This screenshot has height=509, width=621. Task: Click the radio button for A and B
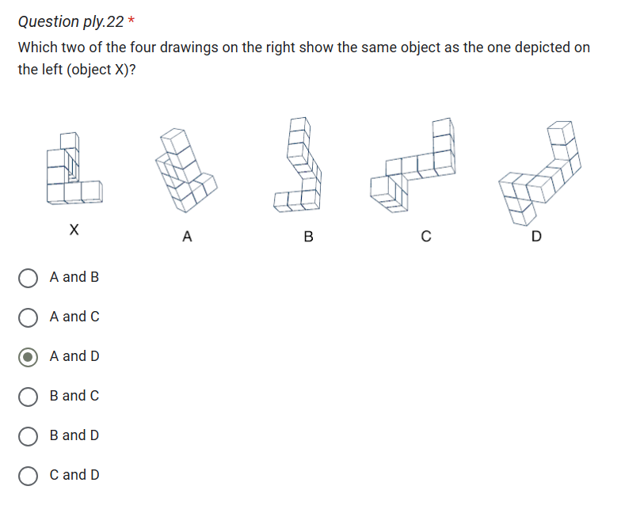(28, 278)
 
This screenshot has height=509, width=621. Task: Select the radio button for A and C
(28, 317)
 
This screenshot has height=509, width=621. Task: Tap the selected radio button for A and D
(28, 357)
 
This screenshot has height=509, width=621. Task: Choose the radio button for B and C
(28, 397)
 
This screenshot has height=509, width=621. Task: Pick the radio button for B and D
(28, 436)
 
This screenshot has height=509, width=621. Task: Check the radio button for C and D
(28, 476)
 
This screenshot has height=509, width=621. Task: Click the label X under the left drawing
(74, 230)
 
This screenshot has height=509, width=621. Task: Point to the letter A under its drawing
(187, 236)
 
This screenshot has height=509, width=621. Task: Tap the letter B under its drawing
(309, 236)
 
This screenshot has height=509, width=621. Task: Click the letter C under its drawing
(426, 236)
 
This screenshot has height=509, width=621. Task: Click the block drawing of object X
(73, 170)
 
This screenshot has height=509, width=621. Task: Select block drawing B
(300, 165)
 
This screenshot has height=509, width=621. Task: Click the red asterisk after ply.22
(132, 21)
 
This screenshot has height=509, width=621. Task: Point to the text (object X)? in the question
(102, 70)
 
